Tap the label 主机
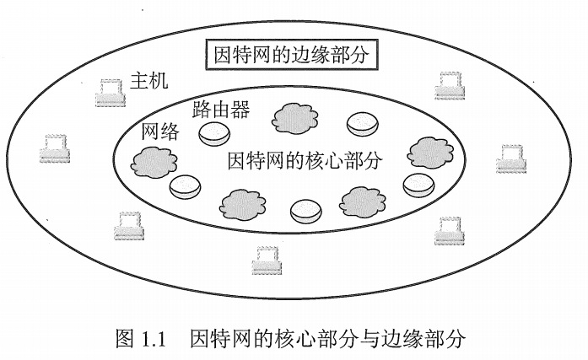pyautogui.click(x=149, y=82)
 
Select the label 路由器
pyautogui.click(x=220, y=110)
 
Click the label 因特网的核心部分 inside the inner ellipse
pyautogui.click(x=305, y=160)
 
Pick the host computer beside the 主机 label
pyautogui.click(x=111, y=92)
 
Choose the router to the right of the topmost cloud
pyautogui.click(x=363, y=124)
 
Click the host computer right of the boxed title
pyautogui.click(x=450, y=86)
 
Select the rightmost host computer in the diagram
pyautogui.click(x=512, y=158)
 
